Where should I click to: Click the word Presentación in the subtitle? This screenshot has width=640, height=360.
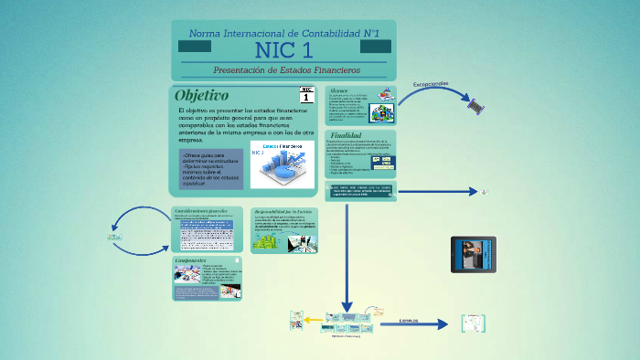(x=240, y=69)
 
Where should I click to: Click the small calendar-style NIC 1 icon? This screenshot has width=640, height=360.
(x=306, y=95)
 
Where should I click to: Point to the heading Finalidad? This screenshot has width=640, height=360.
(x=346, y=135)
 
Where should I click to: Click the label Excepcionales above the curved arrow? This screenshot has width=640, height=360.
(x=431, y=84)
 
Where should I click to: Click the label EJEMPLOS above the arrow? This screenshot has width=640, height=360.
(x=409, y=321)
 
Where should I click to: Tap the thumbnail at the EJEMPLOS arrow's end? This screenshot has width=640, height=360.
(x=473, y=323)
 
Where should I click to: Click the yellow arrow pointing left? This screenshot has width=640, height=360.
(x=315, y=321)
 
